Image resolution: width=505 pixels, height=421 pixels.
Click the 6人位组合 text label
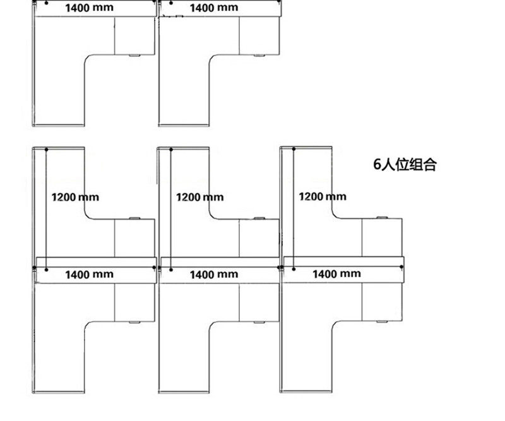[405, 165]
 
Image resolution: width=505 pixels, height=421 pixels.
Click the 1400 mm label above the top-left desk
[90, 8]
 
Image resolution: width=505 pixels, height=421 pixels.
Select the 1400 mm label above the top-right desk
[214, 8]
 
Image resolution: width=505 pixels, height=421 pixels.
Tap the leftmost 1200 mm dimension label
[75, 197]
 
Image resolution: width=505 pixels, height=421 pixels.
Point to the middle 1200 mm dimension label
[200, 197]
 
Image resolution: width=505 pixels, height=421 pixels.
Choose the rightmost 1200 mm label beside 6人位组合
[323, 196]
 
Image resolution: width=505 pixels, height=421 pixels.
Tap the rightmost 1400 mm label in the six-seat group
[337, 273]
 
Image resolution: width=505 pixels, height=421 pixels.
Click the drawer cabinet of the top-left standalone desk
[134, 37]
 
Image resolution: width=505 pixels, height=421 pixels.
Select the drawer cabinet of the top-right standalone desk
[259, 37]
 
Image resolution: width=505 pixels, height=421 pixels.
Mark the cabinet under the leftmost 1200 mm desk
[134, 239]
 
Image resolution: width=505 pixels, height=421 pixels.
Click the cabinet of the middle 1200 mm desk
[259, 239]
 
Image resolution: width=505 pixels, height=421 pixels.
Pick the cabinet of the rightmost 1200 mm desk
[382, 238]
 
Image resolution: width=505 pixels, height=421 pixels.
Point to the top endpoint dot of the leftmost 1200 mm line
[47, 149]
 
